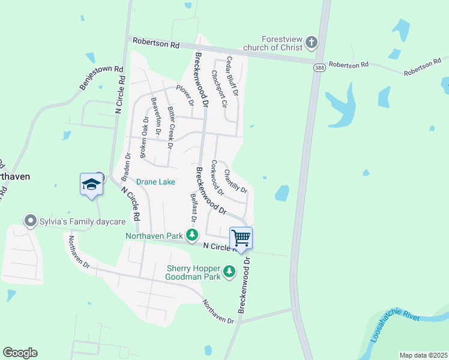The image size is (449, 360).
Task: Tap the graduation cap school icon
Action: click(x=91, y=184)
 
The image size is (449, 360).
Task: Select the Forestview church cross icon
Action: click(x=311, y=42)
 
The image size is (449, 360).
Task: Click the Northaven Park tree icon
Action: click(x=192, y=235)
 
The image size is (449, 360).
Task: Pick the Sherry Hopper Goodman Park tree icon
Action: click(x=229, y=272)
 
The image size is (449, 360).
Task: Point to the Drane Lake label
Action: click(x=155, y=182)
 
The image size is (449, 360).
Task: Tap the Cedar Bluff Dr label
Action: click(x=232, y=76)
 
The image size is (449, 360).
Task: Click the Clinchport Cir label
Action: click(x=218, y=88)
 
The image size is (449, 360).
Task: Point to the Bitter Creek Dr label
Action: click(x=170, y=128)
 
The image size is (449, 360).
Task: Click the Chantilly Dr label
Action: click(x=235, y=181)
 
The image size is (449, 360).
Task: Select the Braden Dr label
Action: click(x=126, y=167)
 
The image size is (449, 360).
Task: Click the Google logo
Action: click(x=20, y=353)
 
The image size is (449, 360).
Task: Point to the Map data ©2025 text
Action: click(x=423, y=355)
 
